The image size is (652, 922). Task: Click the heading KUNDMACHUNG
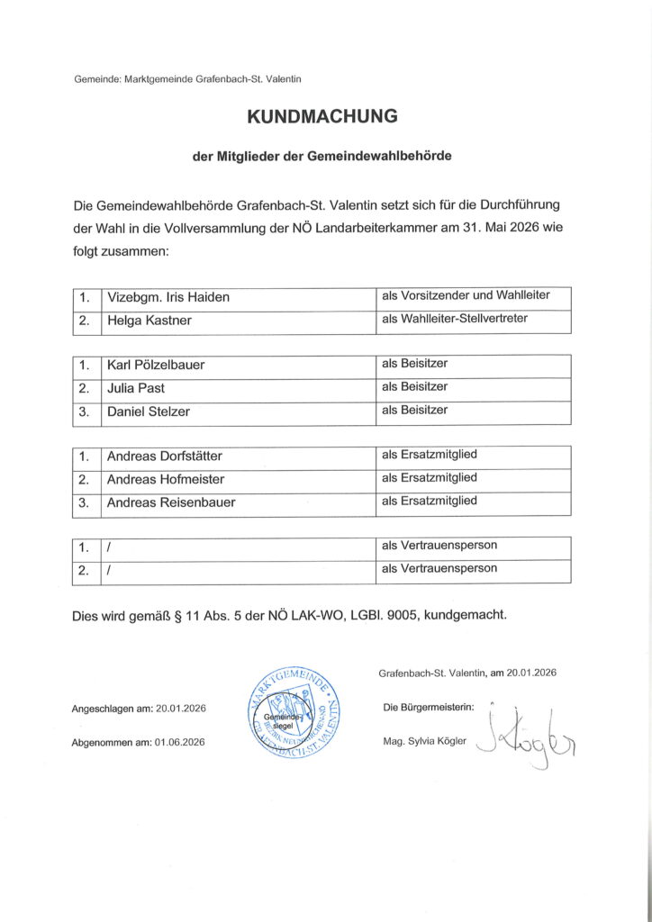tap(322, 116)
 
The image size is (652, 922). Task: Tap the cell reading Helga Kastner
tap(149, 321)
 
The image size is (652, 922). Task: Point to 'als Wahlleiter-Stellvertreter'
tap(454, 318)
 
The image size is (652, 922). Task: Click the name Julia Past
tap(135, 388)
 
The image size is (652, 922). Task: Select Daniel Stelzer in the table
tap(148, 411)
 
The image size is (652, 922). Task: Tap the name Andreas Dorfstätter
tap(164, 456)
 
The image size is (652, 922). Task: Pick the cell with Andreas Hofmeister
tap(165, 479)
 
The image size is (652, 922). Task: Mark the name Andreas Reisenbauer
tap(170, 502)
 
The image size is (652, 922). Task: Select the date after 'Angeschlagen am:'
tap(180, 709)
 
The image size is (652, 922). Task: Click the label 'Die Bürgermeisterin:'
tap(429, 707)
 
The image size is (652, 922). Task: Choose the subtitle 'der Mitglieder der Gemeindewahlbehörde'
tap(322, 156)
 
